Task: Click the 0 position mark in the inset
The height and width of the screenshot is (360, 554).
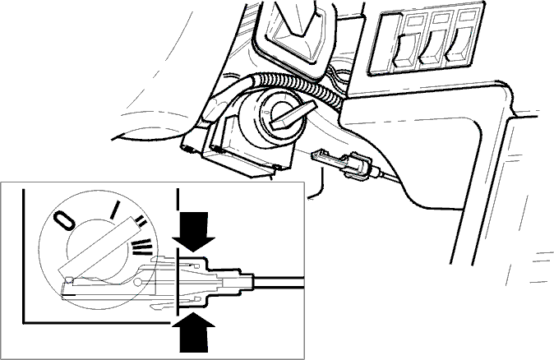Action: click(x=64, y=221)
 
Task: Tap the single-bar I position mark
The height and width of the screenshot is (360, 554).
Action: click(x=114, y=210)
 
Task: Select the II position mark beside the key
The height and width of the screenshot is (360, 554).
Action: click(x=141, y=221)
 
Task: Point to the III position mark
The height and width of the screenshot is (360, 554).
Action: click(x=142, y=247)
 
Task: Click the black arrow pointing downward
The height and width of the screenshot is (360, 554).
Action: click(x=194, y=232)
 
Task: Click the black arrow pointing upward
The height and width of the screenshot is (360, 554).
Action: click(x=193, y=332)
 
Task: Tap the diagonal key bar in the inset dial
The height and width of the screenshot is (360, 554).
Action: click(x=98, y=248)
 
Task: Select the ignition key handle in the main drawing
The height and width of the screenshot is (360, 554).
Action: click(x=292, y=114)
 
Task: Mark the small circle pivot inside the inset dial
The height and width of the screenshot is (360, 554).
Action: click(x=138, y=282)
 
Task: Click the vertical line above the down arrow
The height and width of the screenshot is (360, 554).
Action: click(x=178, y=198)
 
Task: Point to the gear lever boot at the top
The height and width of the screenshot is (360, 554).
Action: click(x=296, y=32)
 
